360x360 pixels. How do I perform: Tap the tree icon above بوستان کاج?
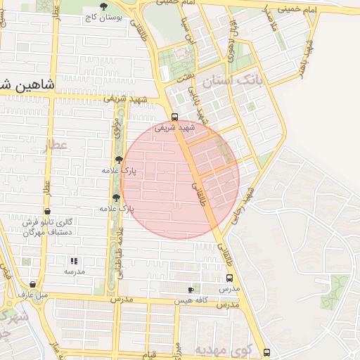(x=104, y=6)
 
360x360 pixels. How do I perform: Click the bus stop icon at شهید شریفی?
(x=174, y=117)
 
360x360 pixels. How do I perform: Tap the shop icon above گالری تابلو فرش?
(x=47, y=211)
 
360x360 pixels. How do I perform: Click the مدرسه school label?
(x=74, y=271)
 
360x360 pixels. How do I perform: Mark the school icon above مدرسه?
(x=74, y=261)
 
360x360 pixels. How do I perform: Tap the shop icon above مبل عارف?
(x=32, y=285)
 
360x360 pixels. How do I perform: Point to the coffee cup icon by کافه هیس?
(x=191, y=290)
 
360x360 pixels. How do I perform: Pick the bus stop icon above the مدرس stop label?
(x=229, y=278)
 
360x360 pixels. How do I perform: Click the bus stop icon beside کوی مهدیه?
(x=266, y=352)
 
